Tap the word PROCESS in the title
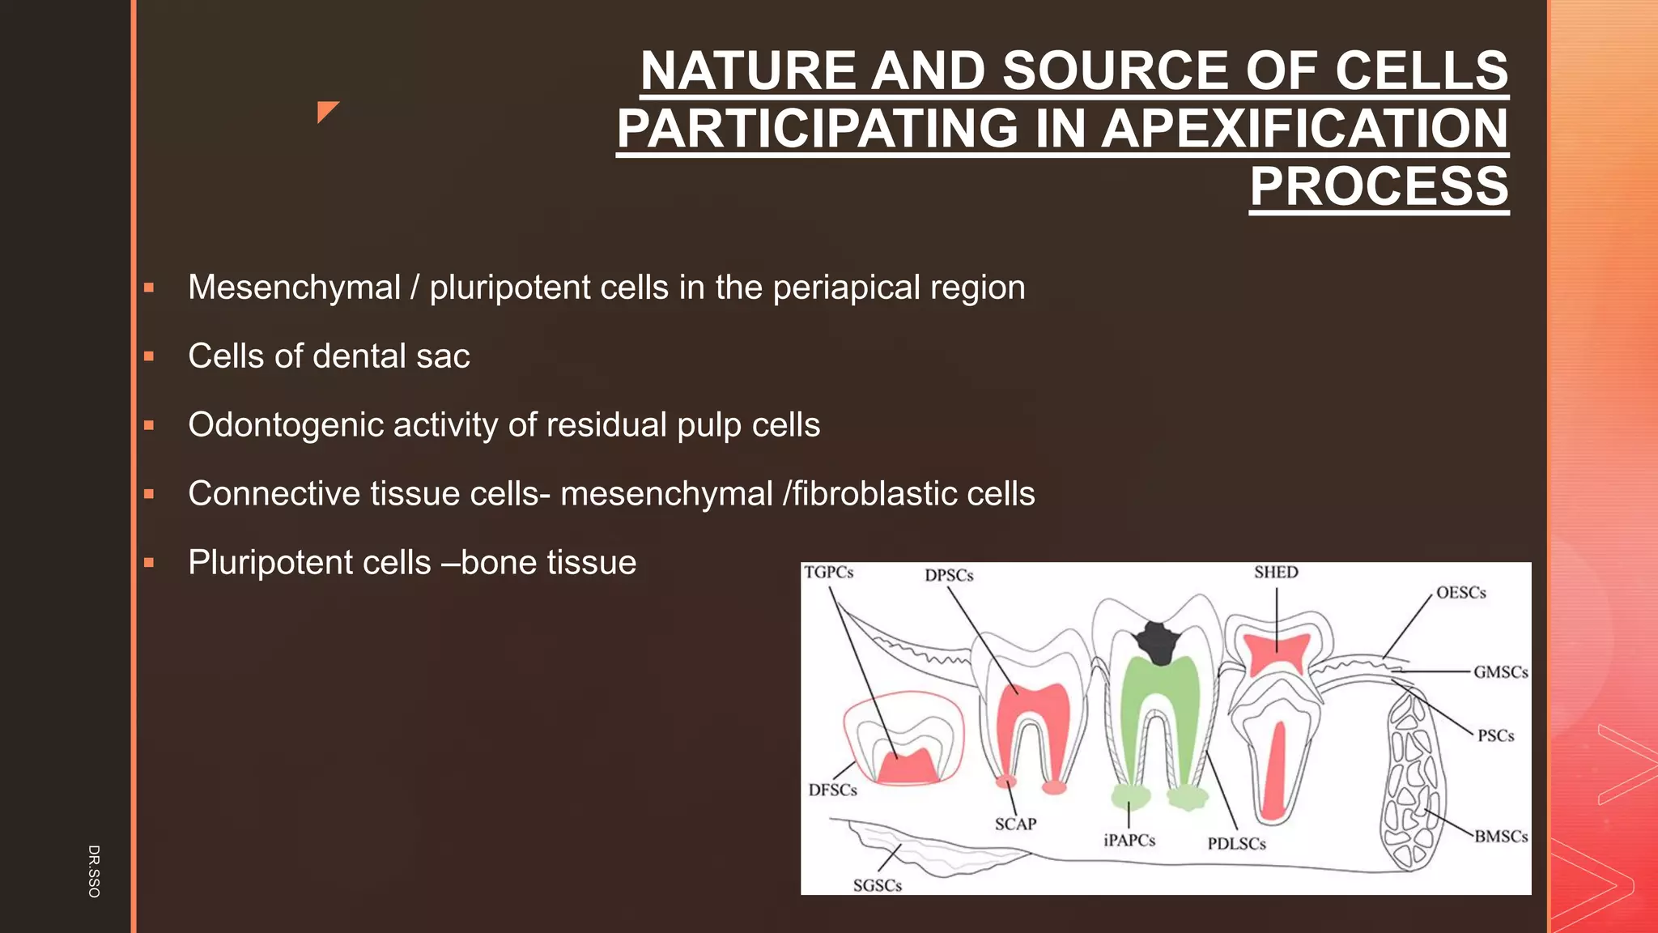pos(1379,187)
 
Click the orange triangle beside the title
pos(326,111)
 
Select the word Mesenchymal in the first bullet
pos(294,288)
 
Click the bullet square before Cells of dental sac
pos(149,356)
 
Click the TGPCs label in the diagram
pos(828,573)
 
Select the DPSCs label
pos(949,576)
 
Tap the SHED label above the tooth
pos(1276,573)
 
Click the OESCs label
pos(1460,593)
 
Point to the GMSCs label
pos(1500,672)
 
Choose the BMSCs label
pos(1500,837)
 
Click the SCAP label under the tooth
pos(1015,824)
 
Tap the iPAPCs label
pos(1129,841)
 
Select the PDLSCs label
pos(1236,844)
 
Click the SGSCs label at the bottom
pos(877,886)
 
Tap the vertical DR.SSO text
pos(94,871)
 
